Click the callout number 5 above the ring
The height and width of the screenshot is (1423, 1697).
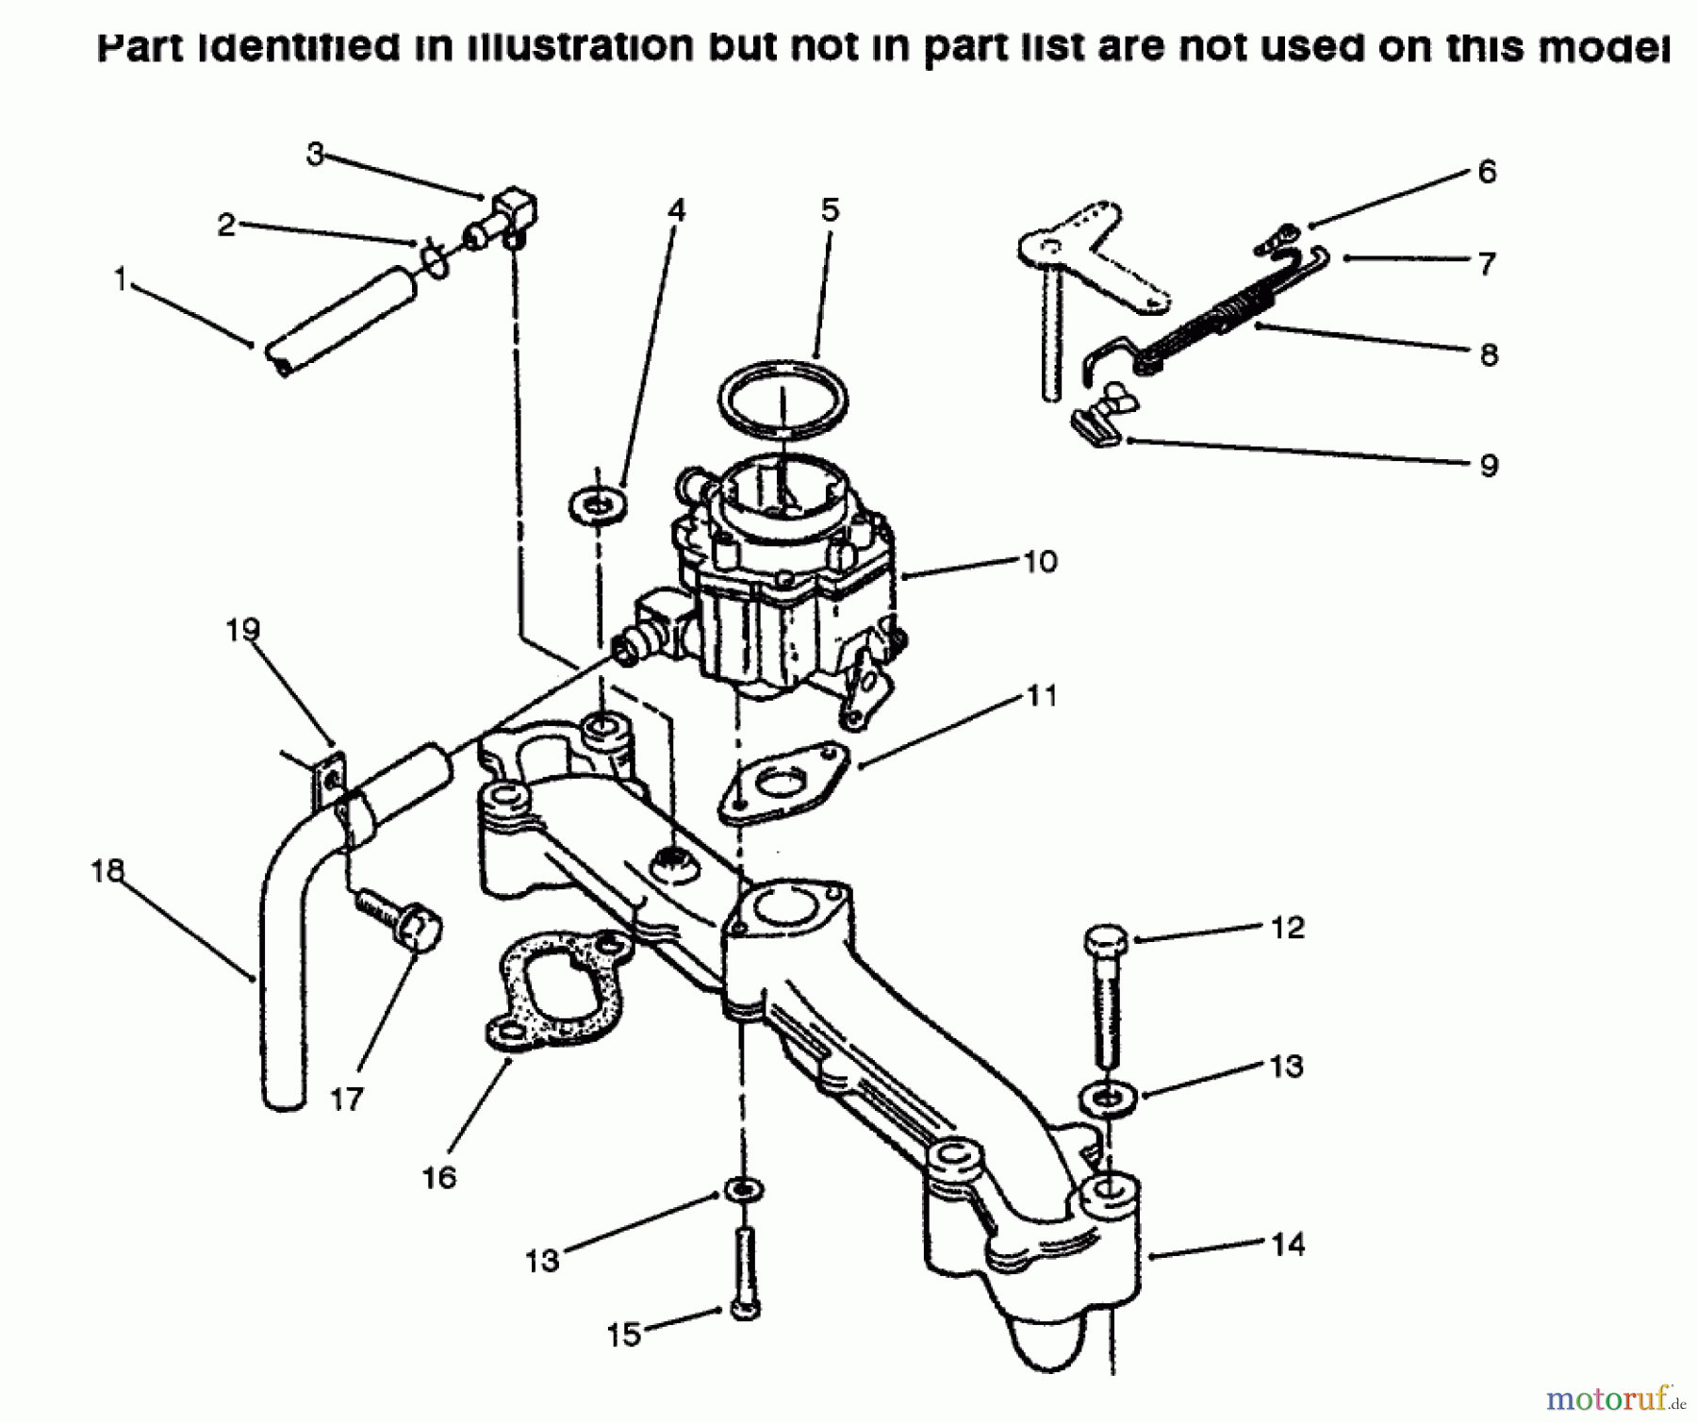830,210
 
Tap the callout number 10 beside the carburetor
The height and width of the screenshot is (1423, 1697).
1040,562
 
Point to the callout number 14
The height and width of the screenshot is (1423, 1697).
1288,1245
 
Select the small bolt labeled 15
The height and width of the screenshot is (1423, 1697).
745,1273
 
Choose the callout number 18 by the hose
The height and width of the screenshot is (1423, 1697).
107,870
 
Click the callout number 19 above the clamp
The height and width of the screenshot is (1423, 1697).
242,629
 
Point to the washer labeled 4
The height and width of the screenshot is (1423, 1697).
599,505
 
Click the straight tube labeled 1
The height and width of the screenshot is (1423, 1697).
339,321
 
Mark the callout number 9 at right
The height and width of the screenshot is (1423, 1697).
1489,466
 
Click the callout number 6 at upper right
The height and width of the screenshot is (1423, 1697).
1487,172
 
